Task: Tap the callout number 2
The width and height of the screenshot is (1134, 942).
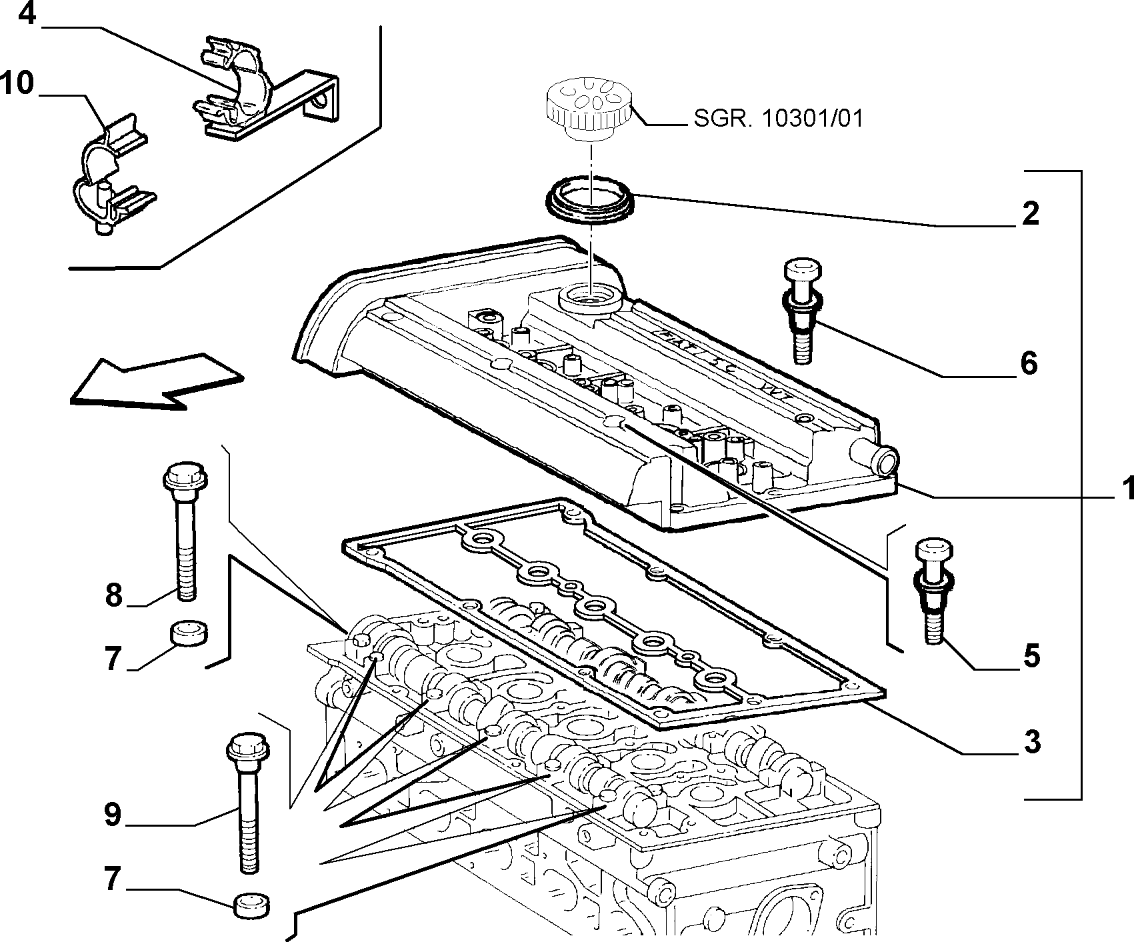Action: (1031, 213)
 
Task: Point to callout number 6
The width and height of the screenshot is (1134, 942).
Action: (1029, 364)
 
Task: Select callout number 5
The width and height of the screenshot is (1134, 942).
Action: (1031, 656)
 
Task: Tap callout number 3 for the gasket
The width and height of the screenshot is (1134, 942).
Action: (1031, 741)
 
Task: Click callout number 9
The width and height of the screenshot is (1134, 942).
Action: (113, 814)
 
